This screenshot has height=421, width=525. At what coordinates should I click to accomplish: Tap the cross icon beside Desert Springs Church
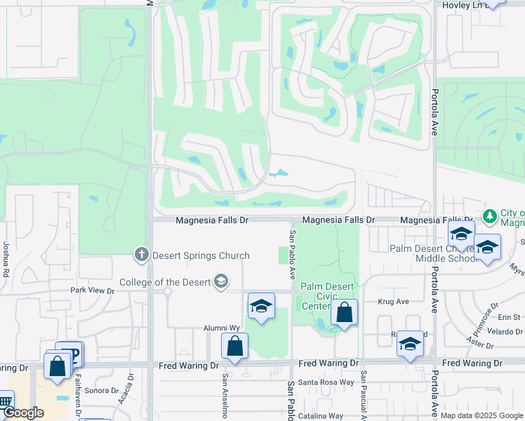pyautogui.click(x=141, y=254)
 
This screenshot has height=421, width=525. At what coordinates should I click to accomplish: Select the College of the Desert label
pyautogui.click(x=165, y=282)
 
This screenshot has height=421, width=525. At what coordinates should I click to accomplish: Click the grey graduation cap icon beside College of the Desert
pyautogui.click(x=221, y=282)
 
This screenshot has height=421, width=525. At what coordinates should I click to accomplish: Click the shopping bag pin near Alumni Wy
pyautogui.click(x=234, y=346)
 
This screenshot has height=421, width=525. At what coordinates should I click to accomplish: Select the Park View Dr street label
pyautogui.click(x=92, y=290)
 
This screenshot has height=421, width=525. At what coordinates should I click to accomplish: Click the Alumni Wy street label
pyautogui.click(x=222, y=328)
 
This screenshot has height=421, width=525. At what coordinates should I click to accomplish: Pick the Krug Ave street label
pyautogui.click(x=393, y=302)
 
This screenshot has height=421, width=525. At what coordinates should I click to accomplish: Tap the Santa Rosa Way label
pyautogui.click(x=326, y=382)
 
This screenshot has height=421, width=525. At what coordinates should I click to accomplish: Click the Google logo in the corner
pyautogui.click(x=23, y=413)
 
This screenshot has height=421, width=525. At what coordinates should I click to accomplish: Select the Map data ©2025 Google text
pyautogui.click(x=481, y=415)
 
